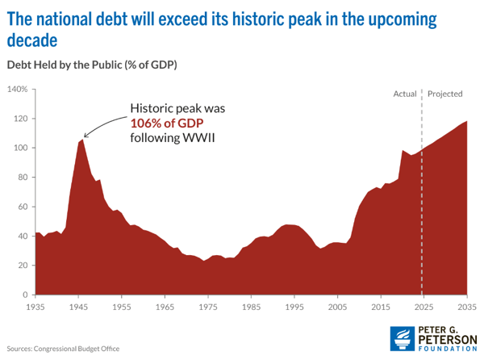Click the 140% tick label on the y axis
pyautogui.click(x=17, y=89)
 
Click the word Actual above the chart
pyautogui.click(x=404, y=94)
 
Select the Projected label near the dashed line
pyautogui.click(x=445, y=94)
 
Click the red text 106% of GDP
pyautogui.click(x=166, y=123)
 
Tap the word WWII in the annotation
pyautogui.click(x=202, y=137)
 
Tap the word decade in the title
pyautogui.click(x=32, y=39)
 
